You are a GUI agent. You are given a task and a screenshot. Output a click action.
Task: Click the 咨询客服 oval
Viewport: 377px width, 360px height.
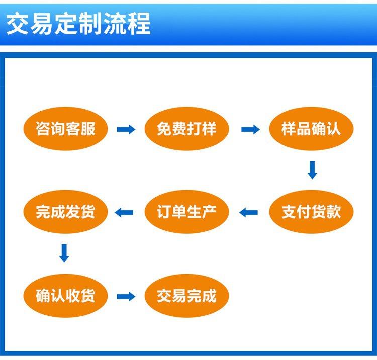click(66, 129)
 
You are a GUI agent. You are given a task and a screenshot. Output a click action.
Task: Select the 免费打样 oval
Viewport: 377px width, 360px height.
click(186, 129)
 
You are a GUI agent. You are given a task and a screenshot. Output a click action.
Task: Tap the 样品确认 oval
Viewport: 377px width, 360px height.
click(311, 129)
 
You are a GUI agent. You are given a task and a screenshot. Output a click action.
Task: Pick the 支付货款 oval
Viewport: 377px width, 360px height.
click(311, 212)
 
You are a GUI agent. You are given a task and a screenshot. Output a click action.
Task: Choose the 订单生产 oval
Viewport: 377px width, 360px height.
click(186, 212)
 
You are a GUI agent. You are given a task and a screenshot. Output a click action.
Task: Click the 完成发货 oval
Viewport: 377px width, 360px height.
click(66, 212)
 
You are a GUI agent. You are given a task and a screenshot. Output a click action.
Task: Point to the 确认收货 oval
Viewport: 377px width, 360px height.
click(66, 295)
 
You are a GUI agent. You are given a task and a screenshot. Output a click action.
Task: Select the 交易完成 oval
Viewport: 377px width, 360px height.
click(186, 295)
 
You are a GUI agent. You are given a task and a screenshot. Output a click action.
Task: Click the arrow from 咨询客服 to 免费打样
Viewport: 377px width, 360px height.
click(126, 130)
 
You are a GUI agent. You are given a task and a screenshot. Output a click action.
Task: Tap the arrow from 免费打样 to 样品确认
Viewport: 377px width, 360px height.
click(250, 130)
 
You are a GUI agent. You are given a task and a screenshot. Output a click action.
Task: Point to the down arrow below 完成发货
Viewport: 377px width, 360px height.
click(64, 253)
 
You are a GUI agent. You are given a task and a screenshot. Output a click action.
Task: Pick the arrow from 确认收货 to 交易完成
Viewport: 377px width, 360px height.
click(126, 296)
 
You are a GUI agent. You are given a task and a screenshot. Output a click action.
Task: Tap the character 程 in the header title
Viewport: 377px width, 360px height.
click(139, 24)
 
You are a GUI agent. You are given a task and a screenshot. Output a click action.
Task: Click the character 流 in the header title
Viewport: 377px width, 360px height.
click(115, 24)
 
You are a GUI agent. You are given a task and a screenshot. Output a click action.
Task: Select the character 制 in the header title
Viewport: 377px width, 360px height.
click(90, 24)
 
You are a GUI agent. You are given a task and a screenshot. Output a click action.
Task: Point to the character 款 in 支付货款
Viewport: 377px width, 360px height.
click(333, 212)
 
